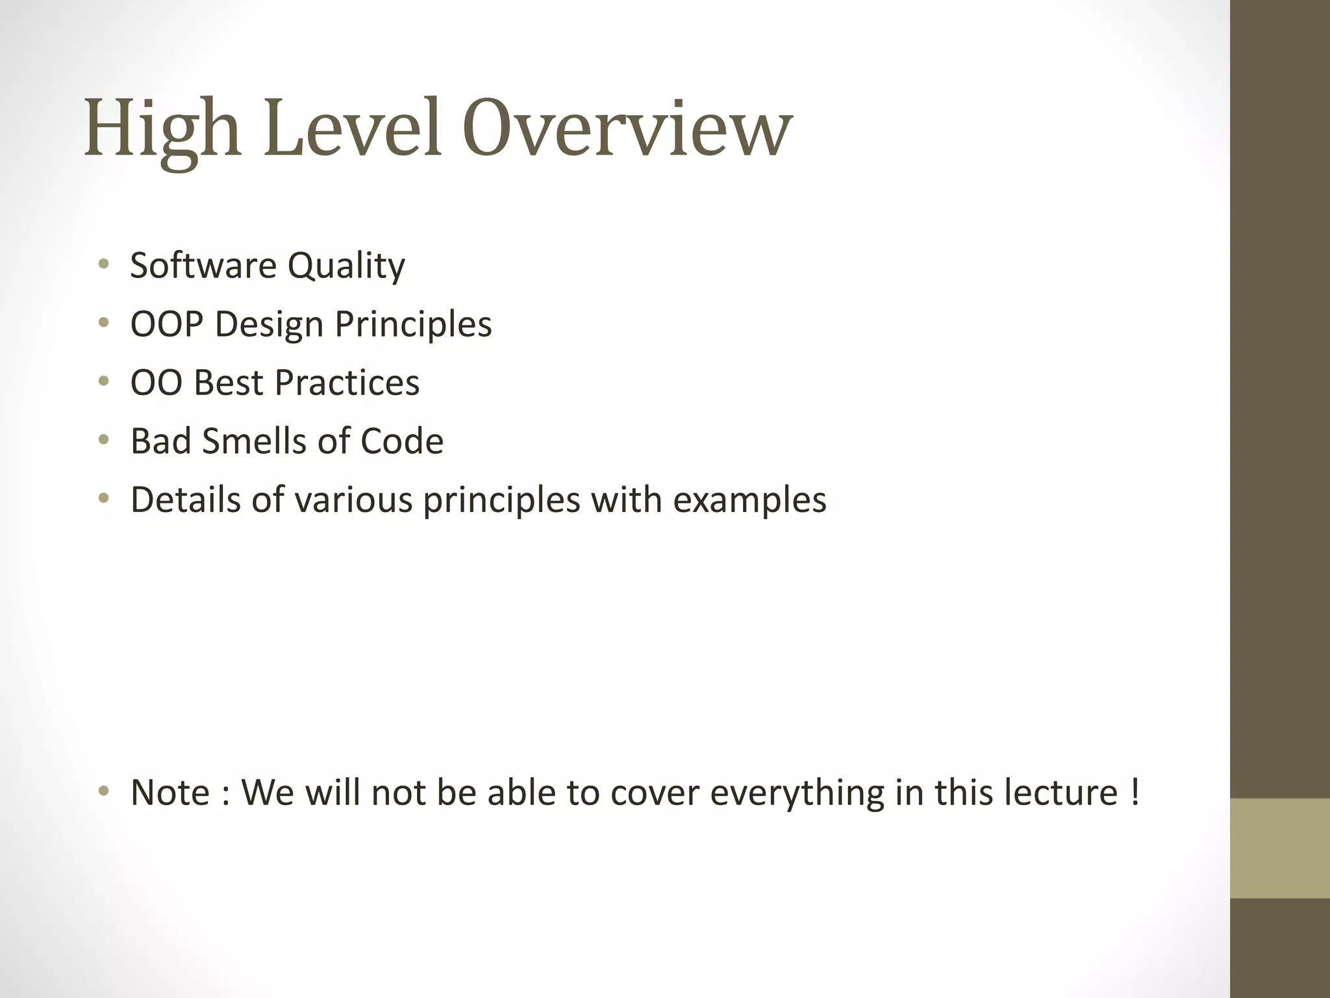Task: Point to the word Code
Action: [x=401, y=441]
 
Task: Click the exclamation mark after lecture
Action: [x=1134, y=792]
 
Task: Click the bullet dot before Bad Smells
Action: [x=103, y=441]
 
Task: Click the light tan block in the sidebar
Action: [x=1280, y=848]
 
